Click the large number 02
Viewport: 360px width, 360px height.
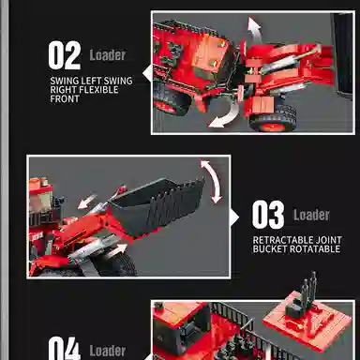(x=65, y=54)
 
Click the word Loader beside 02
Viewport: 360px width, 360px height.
(x=108, y=55)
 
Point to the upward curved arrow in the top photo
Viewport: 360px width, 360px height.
(x=252, y=29)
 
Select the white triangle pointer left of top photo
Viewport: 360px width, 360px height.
(x=145, y=71)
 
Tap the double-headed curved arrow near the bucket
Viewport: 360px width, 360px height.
(x=215, y=181)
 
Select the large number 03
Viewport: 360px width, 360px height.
(x=268, y=216)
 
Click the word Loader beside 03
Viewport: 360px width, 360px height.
(x=311, y=216)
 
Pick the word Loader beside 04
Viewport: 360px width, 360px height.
(x=108, y=352)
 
